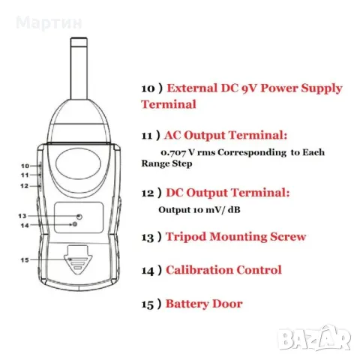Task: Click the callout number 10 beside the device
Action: [25, 165]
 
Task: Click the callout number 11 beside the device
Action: [25, 174]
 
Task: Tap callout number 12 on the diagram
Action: [25, 184]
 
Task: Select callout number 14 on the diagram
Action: [25, 225]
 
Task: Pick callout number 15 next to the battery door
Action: [25, 261]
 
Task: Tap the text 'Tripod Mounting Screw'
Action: [235, 237]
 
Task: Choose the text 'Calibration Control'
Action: [223, 270]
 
